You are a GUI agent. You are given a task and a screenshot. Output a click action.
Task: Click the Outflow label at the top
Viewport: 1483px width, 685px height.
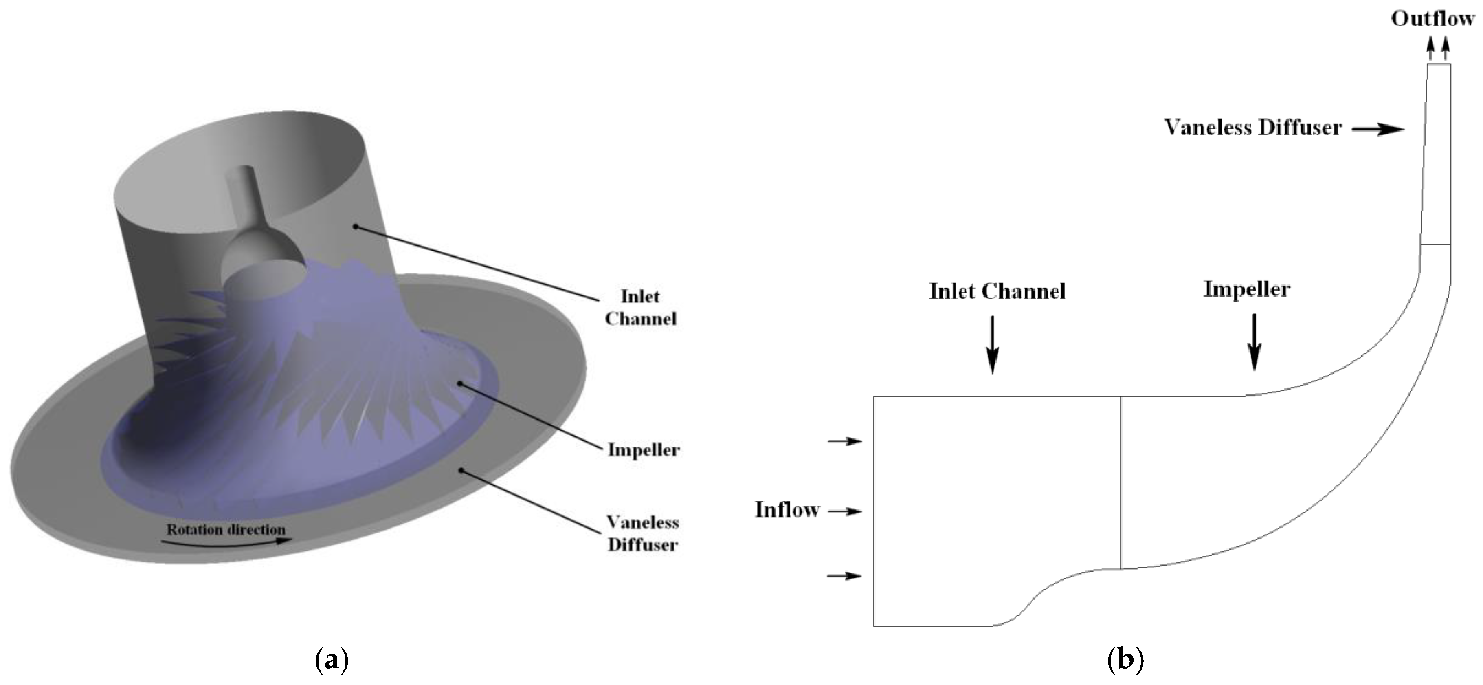pos(1432,20)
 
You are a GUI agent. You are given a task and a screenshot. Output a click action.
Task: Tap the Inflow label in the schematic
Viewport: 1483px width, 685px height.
pos(787,510)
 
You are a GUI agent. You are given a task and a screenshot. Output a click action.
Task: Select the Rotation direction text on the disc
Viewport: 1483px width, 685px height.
pos(226,529)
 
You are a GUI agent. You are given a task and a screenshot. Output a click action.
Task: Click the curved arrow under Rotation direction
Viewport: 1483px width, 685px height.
pos(230,542)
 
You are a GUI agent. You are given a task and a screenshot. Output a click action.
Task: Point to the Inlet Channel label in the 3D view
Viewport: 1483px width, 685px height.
pos(640,308)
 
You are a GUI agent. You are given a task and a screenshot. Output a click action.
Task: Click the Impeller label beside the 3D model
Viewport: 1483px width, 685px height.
pos(644,450)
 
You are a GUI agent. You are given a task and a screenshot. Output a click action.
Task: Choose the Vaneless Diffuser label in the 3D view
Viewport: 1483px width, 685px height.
pos(642,533)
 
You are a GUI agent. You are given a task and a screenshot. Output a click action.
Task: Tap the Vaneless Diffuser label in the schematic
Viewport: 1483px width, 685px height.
pos(1253,127)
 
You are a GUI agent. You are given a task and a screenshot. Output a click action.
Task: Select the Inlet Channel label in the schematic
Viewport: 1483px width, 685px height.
pos(997,291)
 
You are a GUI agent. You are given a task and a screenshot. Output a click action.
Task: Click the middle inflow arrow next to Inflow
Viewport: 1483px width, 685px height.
pos(845,511)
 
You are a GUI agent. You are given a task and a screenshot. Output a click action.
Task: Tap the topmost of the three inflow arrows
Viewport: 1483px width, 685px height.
pos(845,441)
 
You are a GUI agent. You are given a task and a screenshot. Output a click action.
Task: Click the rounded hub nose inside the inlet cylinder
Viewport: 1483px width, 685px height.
pos(262,259)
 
